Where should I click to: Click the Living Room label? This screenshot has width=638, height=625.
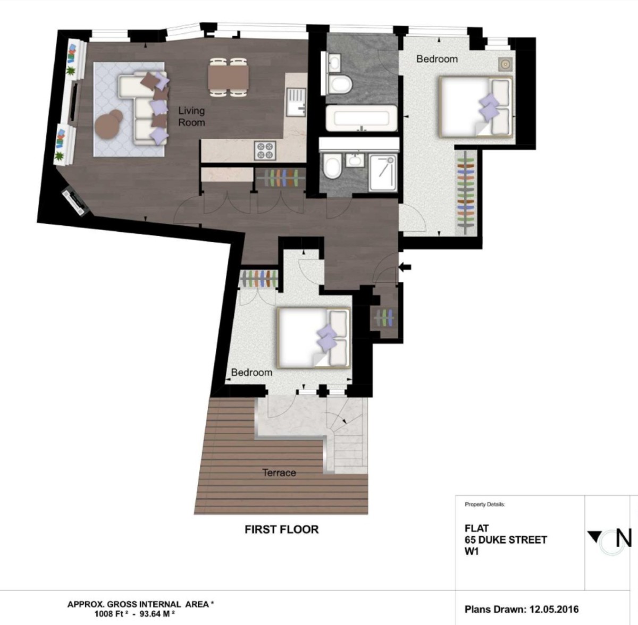point(191,116)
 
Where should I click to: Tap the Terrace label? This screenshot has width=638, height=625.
point(279,472)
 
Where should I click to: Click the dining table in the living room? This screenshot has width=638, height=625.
point(228,77)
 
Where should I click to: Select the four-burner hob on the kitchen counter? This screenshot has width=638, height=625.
point(265,150)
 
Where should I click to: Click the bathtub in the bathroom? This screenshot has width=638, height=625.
point(361,118)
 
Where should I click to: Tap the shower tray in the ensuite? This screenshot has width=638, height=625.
point(383,173)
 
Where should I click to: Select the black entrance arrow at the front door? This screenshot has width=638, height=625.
point(405,267)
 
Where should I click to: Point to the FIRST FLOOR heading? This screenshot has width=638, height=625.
point(281,530)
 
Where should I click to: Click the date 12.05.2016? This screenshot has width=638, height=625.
point(554,610)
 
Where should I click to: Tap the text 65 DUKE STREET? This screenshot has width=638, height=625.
point(506,540)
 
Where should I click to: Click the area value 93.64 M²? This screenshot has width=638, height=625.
point(157,614)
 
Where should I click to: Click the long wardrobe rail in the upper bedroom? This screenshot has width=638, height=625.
point(466,193)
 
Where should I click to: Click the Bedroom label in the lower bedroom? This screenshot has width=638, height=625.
point(251,373)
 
